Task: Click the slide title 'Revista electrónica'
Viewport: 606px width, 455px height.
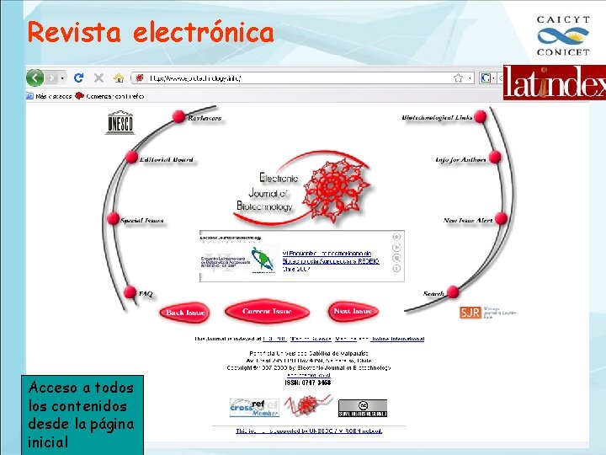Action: coord(151,33)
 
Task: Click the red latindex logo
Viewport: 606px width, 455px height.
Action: coord(554,83)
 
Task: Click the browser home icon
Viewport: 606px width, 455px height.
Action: coord(120,78)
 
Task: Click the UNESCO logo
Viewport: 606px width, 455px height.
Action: coord(119,123)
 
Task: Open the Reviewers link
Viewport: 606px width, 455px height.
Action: coord(205,119)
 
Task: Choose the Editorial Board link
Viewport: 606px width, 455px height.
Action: coord(167,159)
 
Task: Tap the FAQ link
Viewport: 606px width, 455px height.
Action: coord(146,294)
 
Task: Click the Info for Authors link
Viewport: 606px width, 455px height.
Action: coord(460,159)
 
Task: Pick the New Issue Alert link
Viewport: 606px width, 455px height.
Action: coord(468,221)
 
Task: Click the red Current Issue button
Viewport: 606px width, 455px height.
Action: coord(268,312)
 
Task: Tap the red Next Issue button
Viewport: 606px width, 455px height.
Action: coord(353,312)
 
